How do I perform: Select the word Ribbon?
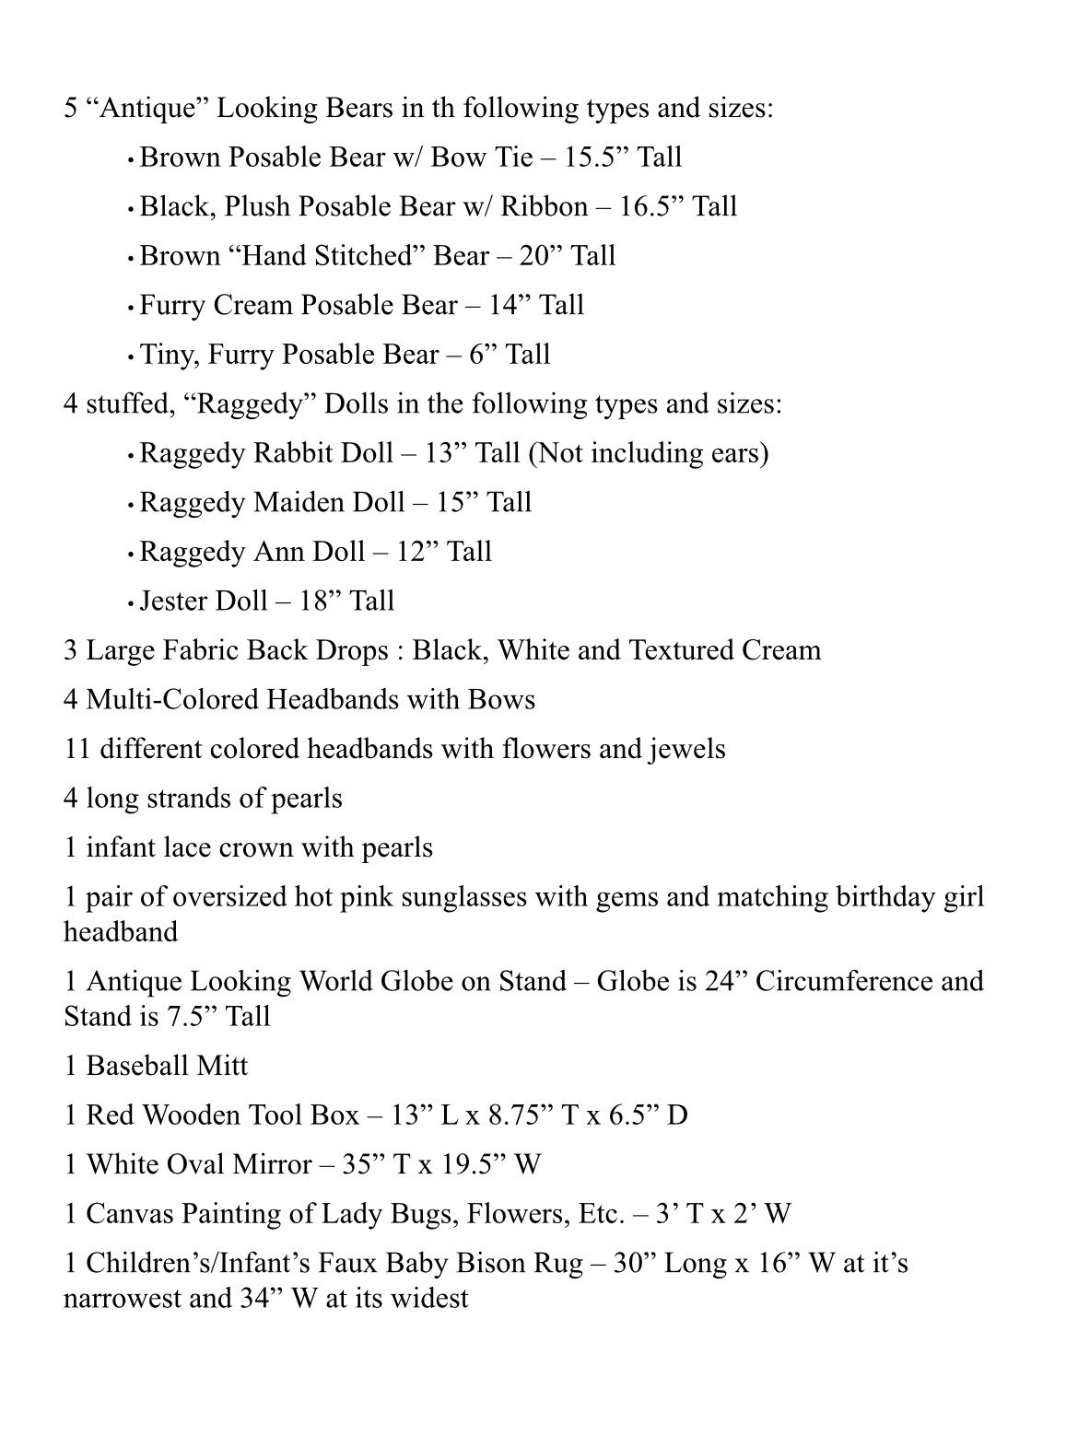[544, 206]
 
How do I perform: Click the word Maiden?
[296, 502]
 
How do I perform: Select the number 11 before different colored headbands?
[76, 749]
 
